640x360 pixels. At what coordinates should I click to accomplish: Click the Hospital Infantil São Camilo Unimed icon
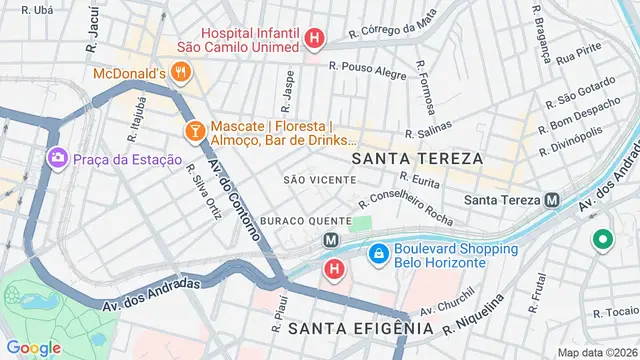click(x=315, y=40)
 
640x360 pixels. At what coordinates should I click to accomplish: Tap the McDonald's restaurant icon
click(x=180, y=72)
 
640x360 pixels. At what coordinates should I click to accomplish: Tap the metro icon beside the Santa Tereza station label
click(x=553, y=200)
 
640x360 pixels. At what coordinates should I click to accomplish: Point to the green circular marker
click(x=602, y=240)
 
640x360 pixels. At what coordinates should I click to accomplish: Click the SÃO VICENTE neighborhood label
click(x=320, y=180)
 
